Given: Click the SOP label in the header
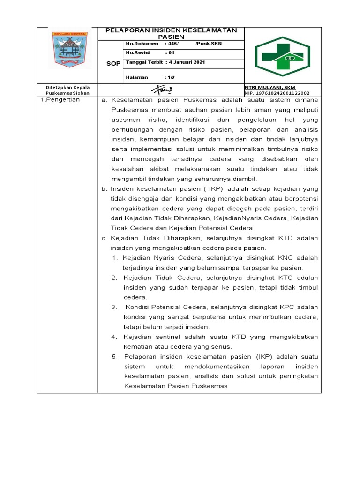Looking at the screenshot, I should tap(113, 64).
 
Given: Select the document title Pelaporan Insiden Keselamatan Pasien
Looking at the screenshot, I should tap(171, 33).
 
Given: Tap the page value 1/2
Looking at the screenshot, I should tap(170, 77).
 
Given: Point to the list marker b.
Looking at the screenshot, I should tap(105, 188).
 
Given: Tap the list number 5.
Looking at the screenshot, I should tap(115, 356).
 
